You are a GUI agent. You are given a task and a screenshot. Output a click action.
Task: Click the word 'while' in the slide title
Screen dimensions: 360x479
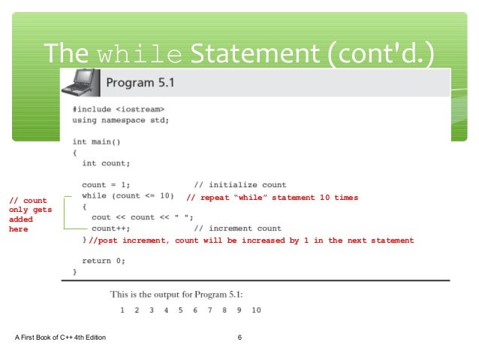pos(140,53)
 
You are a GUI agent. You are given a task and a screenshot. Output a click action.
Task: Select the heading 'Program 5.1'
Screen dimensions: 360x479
pos(140,83)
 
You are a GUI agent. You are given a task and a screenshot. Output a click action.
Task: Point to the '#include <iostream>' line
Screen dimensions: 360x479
pos(118,109)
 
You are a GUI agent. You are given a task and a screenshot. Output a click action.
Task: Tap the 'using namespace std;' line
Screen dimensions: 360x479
pos(120,119)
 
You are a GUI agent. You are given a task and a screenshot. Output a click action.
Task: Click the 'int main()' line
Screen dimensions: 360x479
pos(96,141)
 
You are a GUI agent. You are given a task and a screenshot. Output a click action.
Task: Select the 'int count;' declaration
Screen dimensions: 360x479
pos(106,162)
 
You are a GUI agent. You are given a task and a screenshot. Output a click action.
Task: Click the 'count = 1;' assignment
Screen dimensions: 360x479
pos(106,185)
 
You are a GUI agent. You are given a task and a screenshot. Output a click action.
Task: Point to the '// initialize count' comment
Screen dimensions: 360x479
pos(239,185)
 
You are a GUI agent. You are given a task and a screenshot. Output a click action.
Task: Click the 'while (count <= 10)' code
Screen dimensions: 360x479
pos(128,196)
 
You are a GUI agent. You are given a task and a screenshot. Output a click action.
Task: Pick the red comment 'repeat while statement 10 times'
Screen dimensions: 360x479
pos(272,198)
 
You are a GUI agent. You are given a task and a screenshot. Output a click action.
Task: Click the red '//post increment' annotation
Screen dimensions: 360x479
pos(251,241)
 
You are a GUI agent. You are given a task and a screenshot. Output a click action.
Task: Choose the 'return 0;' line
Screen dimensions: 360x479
pos(104,261)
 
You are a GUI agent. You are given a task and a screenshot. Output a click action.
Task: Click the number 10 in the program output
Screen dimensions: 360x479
pos(256,310)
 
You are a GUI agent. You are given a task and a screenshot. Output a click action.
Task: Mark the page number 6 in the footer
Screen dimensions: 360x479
pos(239,337)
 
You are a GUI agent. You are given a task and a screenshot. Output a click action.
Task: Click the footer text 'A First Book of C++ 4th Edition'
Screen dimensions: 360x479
pos(60,337)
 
